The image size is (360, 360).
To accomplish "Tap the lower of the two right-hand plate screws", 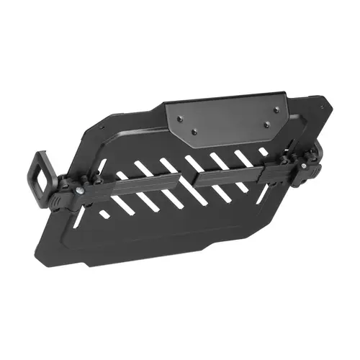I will tap(266, 125).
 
